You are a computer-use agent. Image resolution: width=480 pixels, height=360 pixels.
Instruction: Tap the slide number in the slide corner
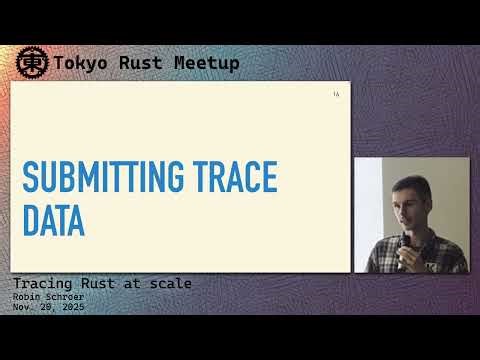pos(336,95)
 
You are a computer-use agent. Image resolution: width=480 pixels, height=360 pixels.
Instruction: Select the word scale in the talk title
pos(168,284)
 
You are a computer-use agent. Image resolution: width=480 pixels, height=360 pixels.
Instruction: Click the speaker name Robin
pos(27,297)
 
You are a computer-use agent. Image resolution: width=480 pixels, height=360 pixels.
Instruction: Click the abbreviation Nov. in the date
pos(22,307)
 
